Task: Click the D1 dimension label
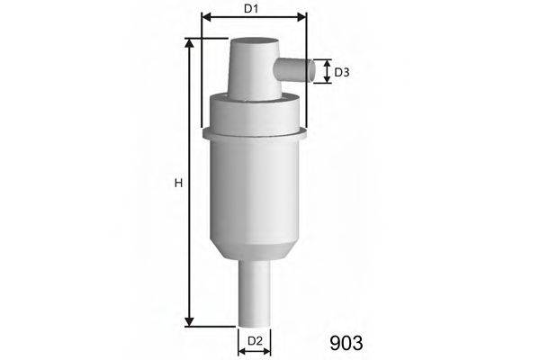click(x=251, y=9)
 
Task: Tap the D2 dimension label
click(x=255, y=341)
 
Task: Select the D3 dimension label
click(x=342, y=72)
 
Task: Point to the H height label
click(x=178, y=183)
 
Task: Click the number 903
click(x=346, y=343)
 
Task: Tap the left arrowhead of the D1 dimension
click(x=206, y=16)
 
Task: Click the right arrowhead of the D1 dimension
click(x=301, y=16)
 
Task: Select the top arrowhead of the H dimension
click(x=189, y=43)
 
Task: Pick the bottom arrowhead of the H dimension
click(x=189, y=321)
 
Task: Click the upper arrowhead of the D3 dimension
click(x=327, y=62)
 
